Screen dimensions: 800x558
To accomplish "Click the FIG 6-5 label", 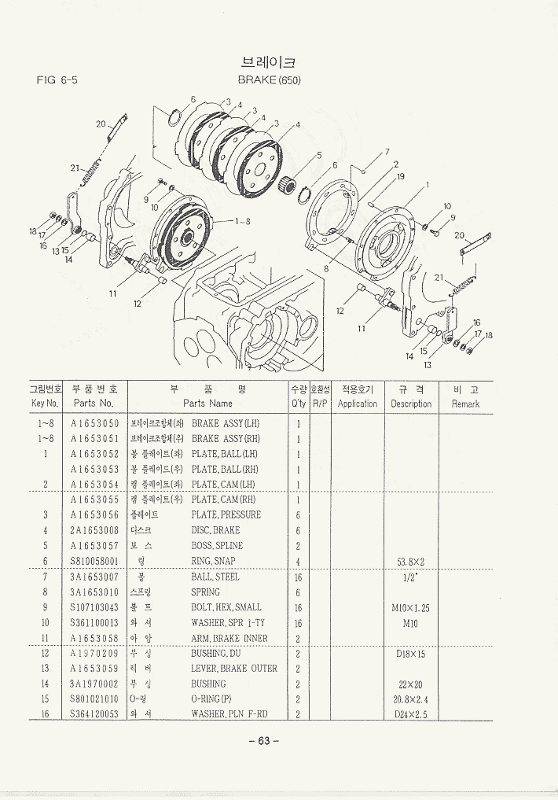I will coord(57,80).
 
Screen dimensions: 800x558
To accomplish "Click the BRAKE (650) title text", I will coord(270,79).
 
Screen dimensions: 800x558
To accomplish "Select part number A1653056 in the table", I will coord(94,515).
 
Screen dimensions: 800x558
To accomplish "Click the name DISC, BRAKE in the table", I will coord(216,530).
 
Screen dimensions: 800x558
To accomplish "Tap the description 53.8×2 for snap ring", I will coord(410,562).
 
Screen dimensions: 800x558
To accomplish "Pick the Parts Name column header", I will coord(207,403).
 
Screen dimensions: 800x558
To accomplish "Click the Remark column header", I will coord(465,404).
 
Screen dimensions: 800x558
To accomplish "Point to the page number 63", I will coord(264,740).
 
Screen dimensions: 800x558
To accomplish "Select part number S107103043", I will coord(94,607).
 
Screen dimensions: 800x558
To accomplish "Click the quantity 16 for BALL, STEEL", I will coord(298,577).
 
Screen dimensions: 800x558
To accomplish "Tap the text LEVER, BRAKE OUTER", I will coord(234,669).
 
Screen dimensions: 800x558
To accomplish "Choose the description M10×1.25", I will coord(410,608).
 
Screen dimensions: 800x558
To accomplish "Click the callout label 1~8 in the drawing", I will coord(242,221).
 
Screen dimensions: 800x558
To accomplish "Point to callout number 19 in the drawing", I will coord(401,177).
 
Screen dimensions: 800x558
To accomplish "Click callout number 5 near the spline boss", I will coord(319,155).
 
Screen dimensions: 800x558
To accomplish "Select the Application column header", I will coord(358,404).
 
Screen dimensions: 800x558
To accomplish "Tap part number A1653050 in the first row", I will coord(94,423).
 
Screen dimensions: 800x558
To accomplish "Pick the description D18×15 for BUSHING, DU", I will coord(410,654).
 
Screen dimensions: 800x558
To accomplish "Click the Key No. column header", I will coord(45,403).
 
